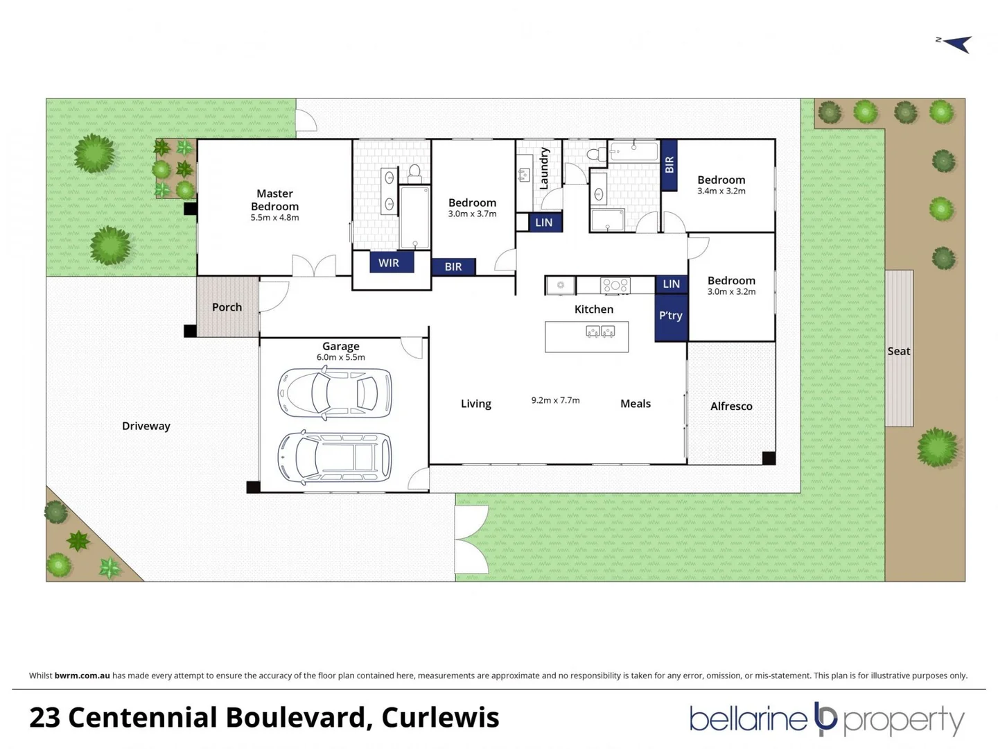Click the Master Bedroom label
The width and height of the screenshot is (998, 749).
[274, 200]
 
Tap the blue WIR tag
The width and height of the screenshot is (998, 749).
[389, 263]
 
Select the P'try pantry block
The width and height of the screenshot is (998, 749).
[671, 316]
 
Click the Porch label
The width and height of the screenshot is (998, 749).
[227, 307]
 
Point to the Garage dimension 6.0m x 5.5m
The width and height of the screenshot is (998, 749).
[340, 357]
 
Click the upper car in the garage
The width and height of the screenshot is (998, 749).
[335, 393]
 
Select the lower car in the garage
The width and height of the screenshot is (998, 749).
[335, 458]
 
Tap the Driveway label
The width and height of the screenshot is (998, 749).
[146, 426]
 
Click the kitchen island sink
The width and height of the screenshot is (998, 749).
[600, 332]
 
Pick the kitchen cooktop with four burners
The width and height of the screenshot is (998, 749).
[615, 285]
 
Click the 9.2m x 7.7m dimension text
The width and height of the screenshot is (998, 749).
[555, 400]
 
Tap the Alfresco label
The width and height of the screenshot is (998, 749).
[731, 406]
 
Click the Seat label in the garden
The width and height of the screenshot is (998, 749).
[898, 351]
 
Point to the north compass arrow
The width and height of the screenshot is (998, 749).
[956, 44]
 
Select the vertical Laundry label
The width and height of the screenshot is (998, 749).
[544, 169]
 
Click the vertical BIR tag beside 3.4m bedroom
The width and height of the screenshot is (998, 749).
[669, 165]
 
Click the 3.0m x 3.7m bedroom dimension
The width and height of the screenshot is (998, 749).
[472, 214]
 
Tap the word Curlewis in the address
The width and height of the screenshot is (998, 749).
[440, 718]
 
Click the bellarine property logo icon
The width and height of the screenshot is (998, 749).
[825, 718]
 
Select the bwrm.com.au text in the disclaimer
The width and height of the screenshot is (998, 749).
[82, 675]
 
